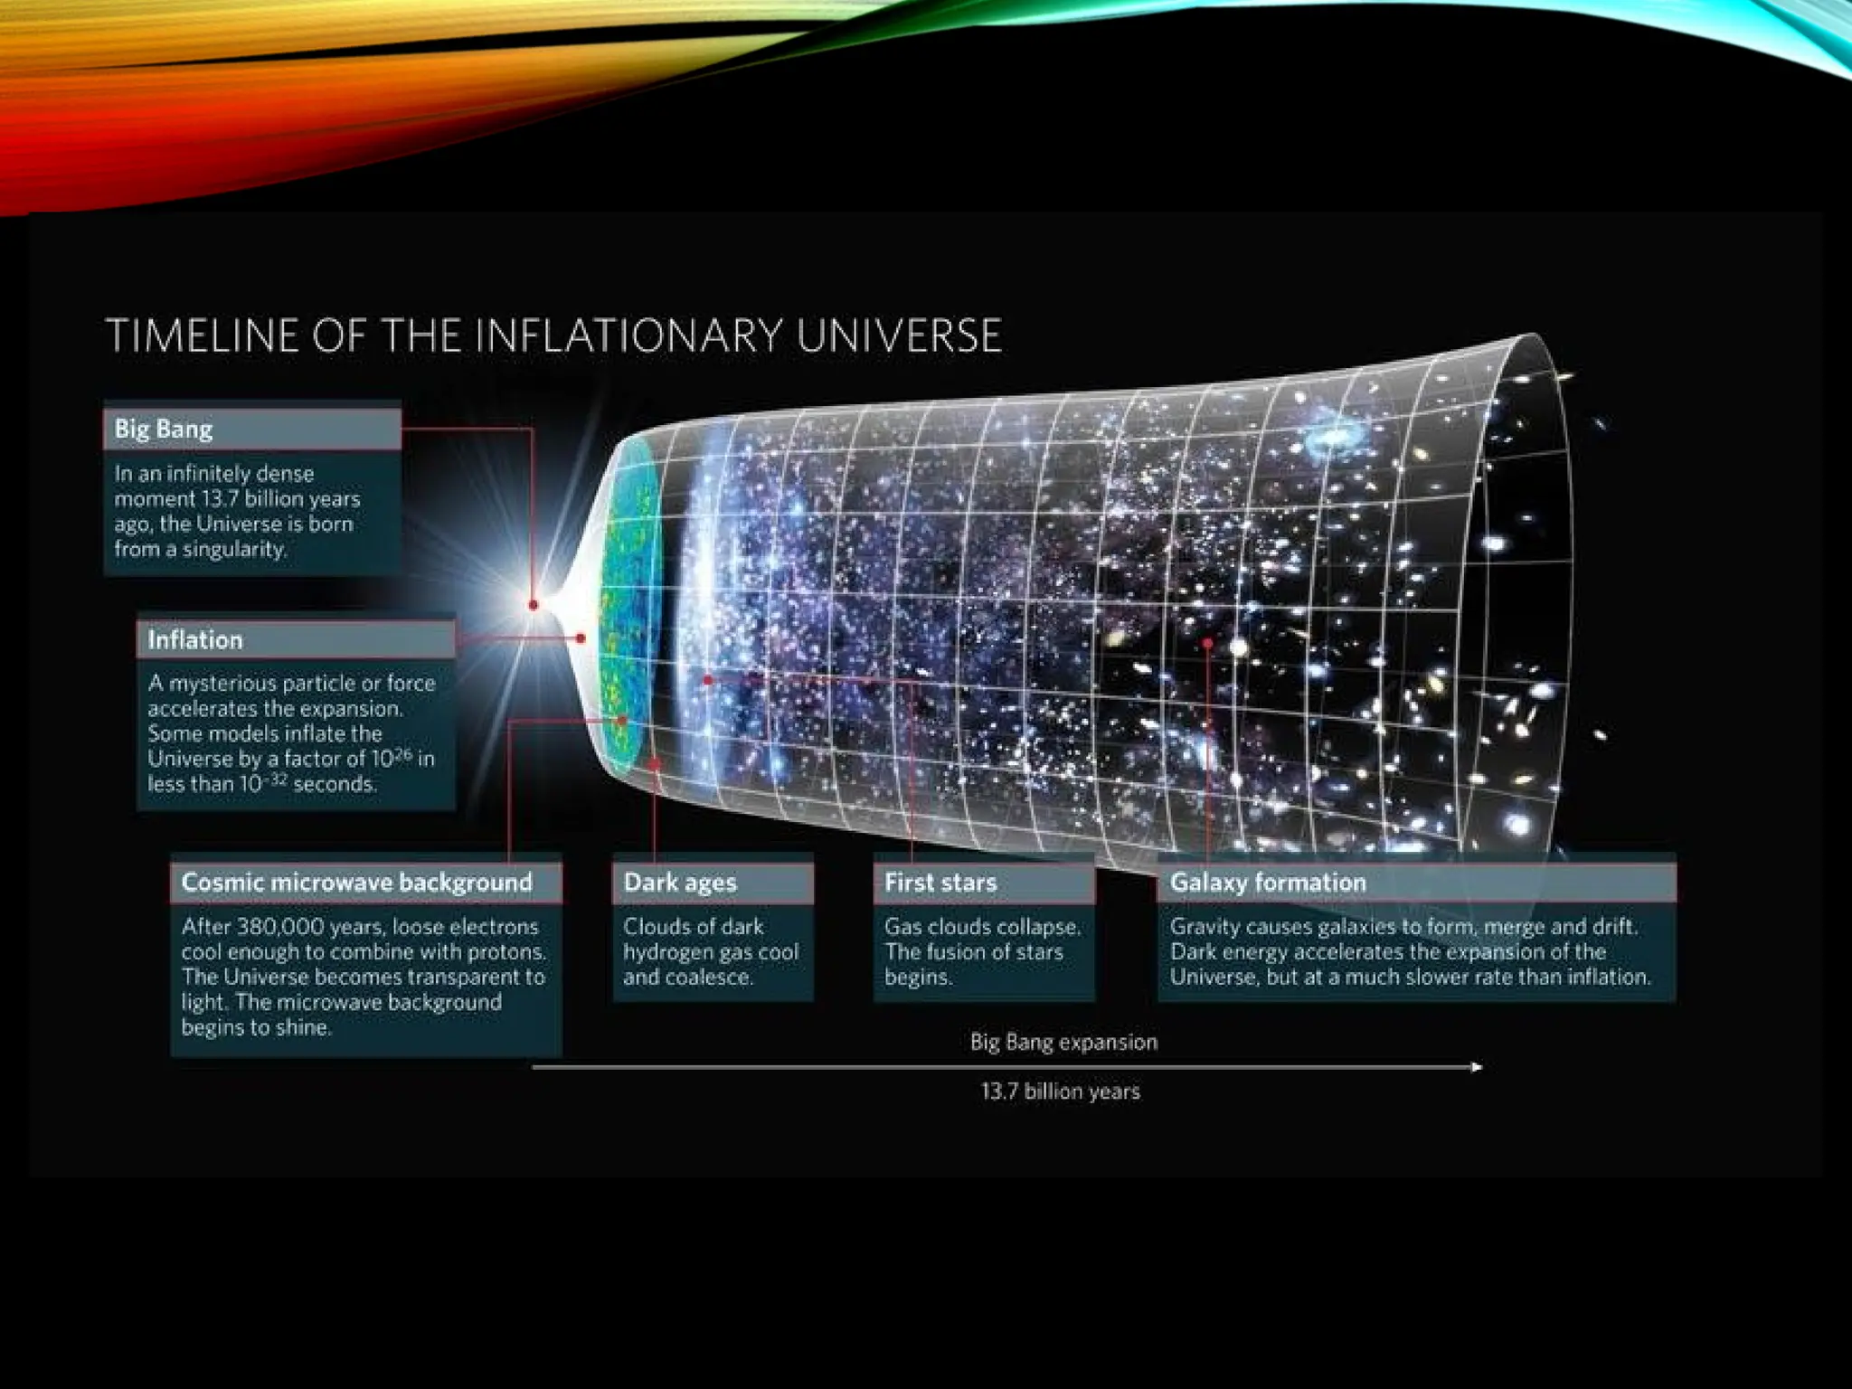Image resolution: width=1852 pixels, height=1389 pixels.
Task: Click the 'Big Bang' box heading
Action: (164, 429)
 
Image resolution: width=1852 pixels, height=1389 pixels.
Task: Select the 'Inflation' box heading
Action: (195, 640)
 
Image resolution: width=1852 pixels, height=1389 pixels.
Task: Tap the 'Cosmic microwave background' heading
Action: (356, 883)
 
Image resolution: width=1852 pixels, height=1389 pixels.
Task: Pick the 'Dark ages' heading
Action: (680, 883)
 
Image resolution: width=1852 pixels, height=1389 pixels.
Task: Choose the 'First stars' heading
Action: (940, 883)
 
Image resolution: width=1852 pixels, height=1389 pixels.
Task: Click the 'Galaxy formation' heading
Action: (1268, 883)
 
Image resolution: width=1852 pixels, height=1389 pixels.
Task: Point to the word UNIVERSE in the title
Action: (899, 335)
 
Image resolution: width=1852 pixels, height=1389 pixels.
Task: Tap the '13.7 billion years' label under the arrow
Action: (1060, 1091)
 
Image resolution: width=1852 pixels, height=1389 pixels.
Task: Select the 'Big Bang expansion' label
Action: (1063, 1042)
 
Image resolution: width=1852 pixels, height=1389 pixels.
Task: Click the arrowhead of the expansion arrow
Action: (1477, 1067)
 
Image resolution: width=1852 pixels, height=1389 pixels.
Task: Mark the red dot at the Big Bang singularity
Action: (534, 604)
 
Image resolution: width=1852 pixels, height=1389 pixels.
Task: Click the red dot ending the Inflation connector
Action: (581, 638)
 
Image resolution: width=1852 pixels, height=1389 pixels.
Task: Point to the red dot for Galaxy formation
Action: (1207, 643)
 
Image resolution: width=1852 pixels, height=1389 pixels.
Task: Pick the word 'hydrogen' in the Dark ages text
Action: (667, 952)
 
